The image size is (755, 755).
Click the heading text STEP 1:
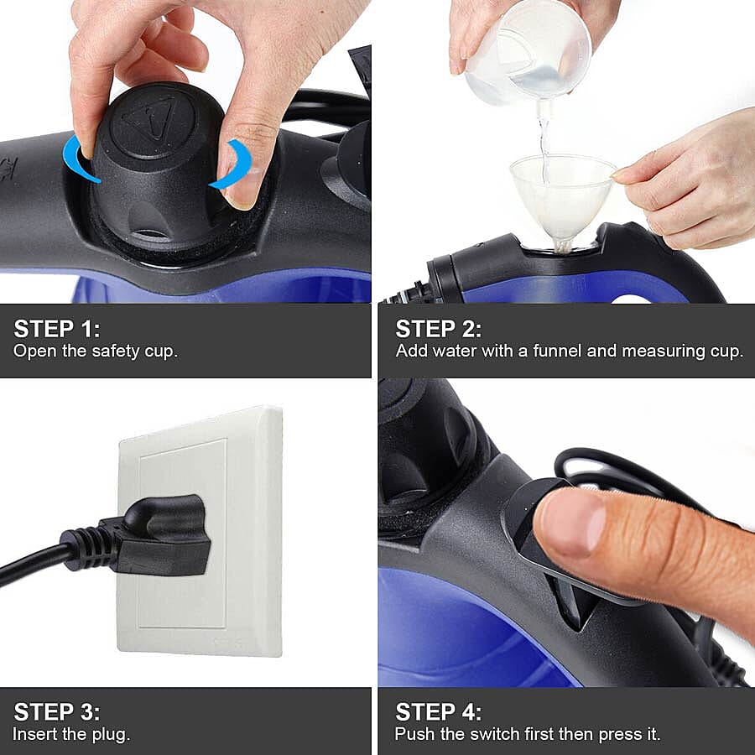click(x=56, y=328)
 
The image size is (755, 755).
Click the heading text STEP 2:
click(x=438, y=328)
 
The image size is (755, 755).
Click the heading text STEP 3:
click(x=56, y=712)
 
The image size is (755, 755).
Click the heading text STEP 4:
click(x=438, y=712)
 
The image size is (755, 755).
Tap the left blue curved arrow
click(x=80, y=159)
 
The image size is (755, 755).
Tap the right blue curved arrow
click(x=233, y=165)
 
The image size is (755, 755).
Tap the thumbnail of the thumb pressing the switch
click(x=570, y=524)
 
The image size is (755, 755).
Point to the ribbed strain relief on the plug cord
click(x=88, y=547)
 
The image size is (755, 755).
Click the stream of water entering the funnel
click(x=544, y=143)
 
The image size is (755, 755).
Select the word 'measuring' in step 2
click(x=653, y=351)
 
